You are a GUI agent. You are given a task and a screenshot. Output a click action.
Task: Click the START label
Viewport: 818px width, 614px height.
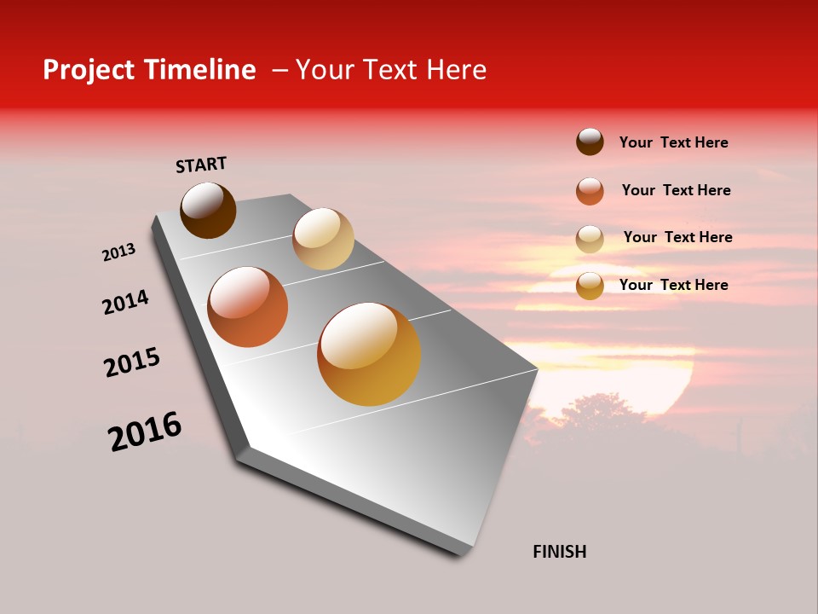pos(201,164)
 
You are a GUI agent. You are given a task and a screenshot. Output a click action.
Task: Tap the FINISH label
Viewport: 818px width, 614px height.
pos(559,552)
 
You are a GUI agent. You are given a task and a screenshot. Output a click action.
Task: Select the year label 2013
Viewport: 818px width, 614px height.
pos(118,252)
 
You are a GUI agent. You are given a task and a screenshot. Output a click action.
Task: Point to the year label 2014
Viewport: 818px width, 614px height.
pos(125,302)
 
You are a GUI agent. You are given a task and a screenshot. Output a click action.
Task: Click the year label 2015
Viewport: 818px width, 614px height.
pos(132,362)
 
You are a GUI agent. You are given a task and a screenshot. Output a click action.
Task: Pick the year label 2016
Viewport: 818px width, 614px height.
pos(145,431)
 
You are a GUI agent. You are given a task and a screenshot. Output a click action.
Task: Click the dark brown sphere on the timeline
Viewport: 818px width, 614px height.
pos(208,210)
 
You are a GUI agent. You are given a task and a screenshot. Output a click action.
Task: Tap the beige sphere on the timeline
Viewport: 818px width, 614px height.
pos(323,239)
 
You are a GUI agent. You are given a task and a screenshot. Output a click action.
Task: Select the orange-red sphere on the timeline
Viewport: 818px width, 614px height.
pos(248,307)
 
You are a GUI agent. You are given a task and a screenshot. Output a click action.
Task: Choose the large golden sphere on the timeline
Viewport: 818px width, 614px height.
pos(369,354)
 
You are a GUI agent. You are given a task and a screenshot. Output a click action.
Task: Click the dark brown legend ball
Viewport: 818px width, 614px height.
pos(590,142)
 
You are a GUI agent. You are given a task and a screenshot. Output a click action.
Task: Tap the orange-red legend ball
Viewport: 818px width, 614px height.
pos(590,191)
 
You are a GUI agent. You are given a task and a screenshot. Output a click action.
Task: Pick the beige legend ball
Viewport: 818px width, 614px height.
pos(590,239)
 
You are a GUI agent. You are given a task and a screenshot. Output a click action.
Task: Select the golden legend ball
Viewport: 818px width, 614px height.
pos(590,286)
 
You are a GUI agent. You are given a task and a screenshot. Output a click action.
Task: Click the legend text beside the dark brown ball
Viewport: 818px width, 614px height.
pos(673,142)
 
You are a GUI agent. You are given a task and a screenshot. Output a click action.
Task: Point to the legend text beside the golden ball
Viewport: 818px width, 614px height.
pos(673,285)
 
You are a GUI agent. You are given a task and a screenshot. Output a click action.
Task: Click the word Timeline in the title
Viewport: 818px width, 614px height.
pos(199,70)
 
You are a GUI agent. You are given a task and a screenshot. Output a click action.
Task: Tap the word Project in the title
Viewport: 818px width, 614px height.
pos(89,70)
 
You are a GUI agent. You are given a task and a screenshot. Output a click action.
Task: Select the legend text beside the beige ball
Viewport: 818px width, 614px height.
pos(677,237)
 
